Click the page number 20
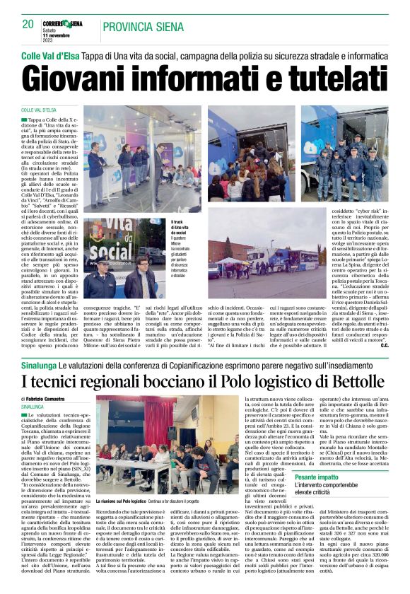[x=28, y=24]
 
